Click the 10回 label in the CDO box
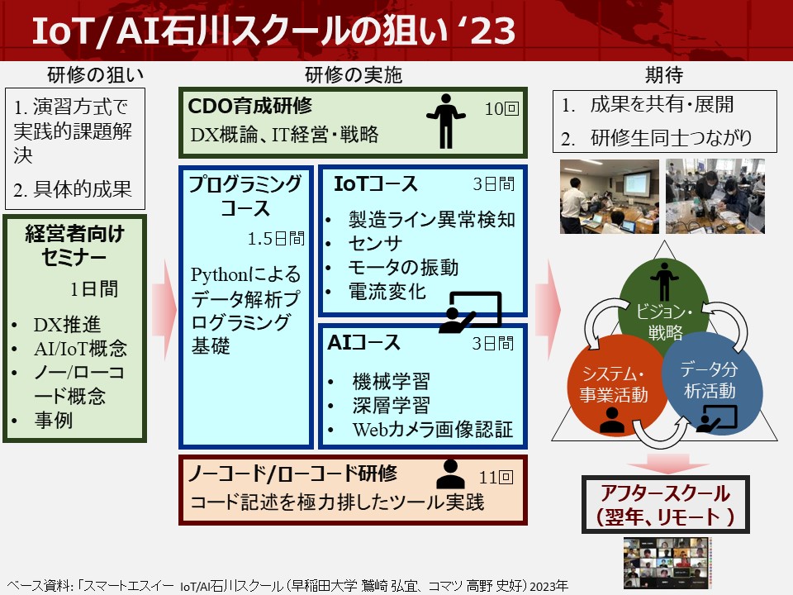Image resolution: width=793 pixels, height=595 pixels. click(501, 109)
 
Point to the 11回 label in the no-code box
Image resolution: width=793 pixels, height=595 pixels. click(496, 477)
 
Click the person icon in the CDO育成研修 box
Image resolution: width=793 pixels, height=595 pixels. click(445, 121)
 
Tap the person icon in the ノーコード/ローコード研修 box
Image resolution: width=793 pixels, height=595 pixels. click(450, 474)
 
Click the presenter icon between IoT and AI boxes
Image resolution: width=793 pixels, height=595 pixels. click(470, 312)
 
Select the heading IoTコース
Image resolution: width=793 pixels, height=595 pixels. click(376, 183)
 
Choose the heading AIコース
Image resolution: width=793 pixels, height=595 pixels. click(363, 342)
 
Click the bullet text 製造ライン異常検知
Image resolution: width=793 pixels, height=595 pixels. click(432, 220)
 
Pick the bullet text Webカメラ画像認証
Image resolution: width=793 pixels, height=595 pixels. click(433, 429)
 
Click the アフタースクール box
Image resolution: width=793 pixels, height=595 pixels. click(666, 504)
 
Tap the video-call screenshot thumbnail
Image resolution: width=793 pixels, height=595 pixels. click(667, 563)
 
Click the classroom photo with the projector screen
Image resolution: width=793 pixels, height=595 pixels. click(610, 197)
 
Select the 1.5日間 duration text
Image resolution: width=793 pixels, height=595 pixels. click(276, 238)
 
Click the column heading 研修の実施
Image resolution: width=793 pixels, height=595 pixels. click(354, 75)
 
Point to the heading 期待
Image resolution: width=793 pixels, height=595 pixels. click(664, 75)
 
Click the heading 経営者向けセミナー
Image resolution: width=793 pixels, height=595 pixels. click(74, 245)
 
